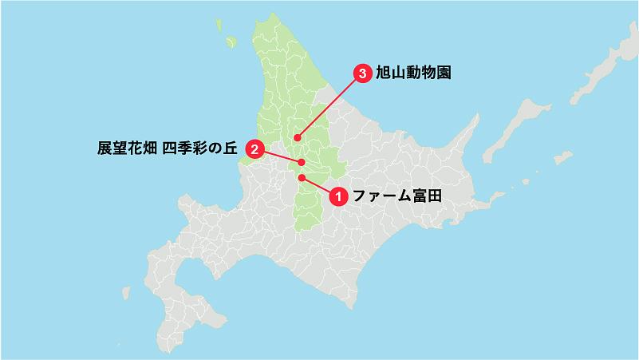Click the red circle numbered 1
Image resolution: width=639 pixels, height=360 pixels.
click(337, 195)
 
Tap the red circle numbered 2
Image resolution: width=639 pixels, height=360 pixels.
click(254, 148)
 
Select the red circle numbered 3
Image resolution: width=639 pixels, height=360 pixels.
click(363, 74)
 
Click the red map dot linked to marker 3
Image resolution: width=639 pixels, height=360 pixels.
click(296, 136)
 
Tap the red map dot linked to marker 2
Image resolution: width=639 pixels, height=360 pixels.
click(302, 162)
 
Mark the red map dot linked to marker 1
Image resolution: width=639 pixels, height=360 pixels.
click(302, 177)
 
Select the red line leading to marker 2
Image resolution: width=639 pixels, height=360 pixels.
click(279, 156)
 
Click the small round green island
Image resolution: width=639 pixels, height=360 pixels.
click(231, 42)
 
